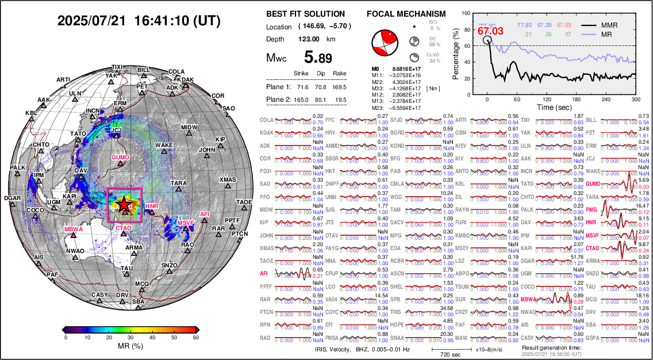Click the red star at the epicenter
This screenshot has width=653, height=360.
(x=123, y=204)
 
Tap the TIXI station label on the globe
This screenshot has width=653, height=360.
(x=117, y=67)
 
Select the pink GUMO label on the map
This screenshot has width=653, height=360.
(x=121, y=156)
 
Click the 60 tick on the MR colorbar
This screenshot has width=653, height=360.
(x=195, y=338)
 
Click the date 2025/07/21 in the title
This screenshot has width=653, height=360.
(x=91, y=21)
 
